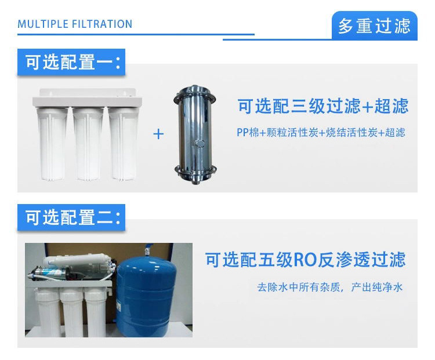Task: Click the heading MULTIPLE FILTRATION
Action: tap(75, 24)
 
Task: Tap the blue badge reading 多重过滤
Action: tap(375, 26)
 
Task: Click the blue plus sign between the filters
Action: tap(158, 134)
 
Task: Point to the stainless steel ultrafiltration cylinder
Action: tap(195, 135)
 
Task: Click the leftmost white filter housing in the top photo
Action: tap(52, 144)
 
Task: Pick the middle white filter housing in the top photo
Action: tap(88, 144)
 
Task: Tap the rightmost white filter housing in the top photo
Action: tap(124, 144)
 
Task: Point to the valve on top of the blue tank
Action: tap(147, 250)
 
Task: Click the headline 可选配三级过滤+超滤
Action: tap(323, 106)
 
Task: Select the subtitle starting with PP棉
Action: tap(321, 133)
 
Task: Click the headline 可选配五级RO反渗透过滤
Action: tap(306, 260)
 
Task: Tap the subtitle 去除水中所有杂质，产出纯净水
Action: tap(330, 287)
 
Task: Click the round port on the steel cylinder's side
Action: tap(200, 143)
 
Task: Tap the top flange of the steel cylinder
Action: tap(195, 94)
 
